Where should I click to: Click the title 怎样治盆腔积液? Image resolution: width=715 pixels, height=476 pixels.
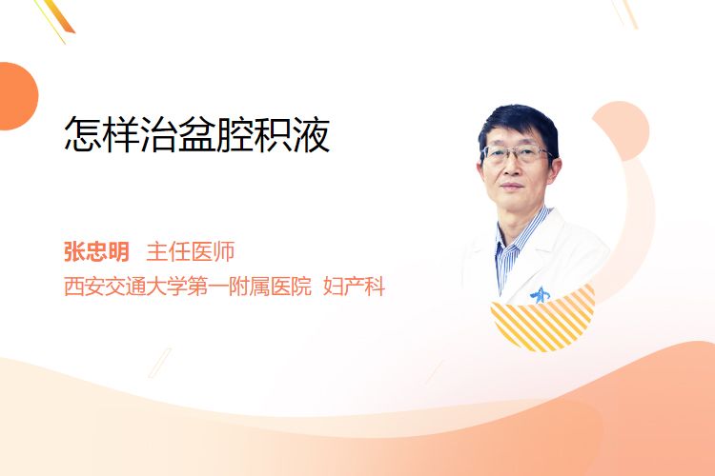coord(197,134)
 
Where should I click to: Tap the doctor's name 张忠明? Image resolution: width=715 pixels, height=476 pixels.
coord(96,251)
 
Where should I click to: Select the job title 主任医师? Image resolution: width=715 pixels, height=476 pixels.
coord(190,251)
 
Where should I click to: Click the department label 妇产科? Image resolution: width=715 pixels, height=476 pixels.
coord(354,287)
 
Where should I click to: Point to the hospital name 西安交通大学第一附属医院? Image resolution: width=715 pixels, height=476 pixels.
coord(188,287)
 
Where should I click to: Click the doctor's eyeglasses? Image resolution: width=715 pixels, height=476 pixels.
coord(517,153)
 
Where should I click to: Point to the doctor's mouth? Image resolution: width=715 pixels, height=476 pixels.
coord(511,186)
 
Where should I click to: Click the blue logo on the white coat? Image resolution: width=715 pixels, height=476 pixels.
coord(540,295)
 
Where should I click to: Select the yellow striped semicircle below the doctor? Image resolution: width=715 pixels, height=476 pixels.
coord(542,321)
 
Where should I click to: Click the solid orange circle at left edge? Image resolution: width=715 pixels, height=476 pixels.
coord(17,96)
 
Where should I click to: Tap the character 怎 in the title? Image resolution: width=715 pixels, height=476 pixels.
coord(83,134)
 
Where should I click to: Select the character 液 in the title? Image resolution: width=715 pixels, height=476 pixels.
coord(312,134)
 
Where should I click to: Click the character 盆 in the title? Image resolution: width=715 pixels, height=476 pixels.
coord(197,134)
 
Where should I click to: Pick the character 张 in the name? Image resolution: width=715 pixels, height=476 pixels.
coord(74,251)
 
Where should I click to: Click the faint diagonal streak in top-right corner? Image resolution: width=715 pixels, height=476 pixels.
coord(624,13)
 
